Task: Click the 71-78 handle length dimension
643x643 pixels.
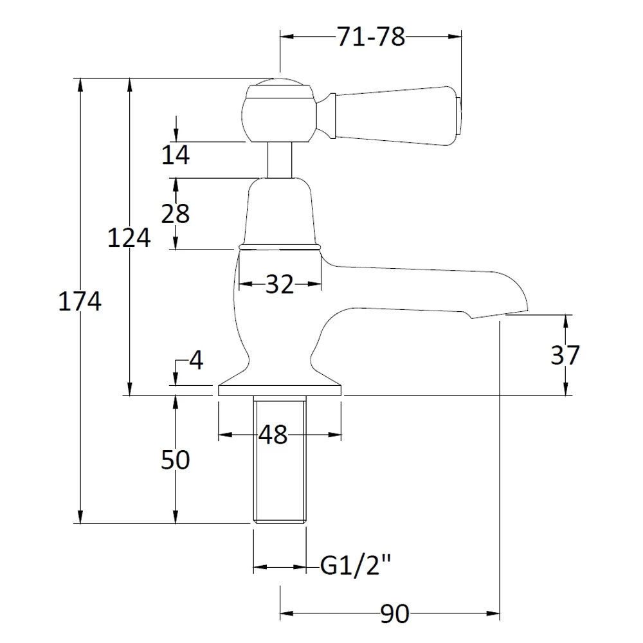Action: point(371,37)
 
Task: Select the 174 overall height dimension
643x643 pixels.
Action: point(80,301)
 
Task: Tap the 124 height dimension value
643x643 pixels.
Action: point(129,238)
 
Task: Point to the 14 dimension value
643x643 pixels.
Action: point(176,155)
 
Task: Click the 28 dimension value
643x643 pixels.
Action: point(176,213)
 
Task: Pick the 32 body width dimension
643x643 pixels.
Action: point(279,284)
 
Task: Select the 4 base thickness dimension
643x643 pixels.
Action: point(196,361)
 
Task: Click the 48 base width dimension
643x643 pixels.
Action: point(273,435)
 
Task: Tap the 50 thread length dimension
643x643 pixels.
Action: point(176,460)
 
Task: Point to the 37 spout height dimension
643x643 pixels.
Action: point(565,355)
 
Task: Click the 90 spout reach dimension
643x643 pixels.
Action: point(394,615)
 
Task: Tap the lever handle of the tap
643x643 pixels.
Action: point(392,116)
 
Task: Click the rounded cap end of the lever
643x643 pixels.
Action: point(458,116)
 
